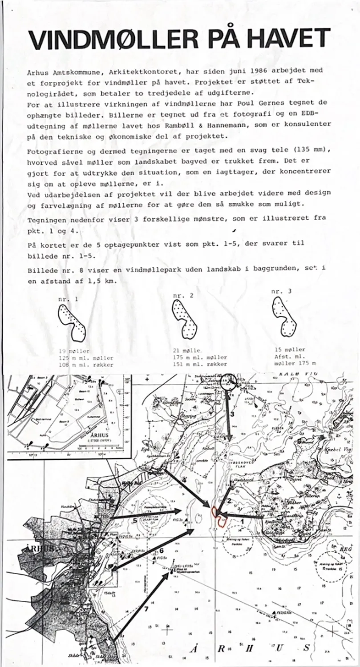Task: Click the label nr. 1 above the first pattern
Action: coord(68,299)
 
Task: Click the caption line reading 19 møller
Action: coord(77,351)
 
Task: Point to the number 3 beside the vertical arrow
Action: coord(232,414)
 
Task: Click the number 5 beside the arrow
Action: coord(134,521)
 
